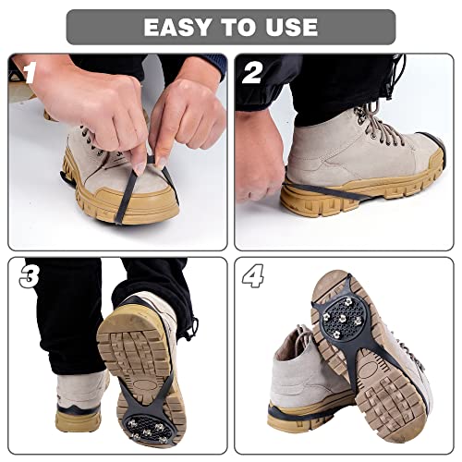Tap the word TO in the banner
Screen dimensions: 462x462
[237, 27]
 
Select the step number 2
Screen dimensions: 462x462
[251, 72]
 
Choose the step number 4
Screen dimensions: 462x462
[252, 277]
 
